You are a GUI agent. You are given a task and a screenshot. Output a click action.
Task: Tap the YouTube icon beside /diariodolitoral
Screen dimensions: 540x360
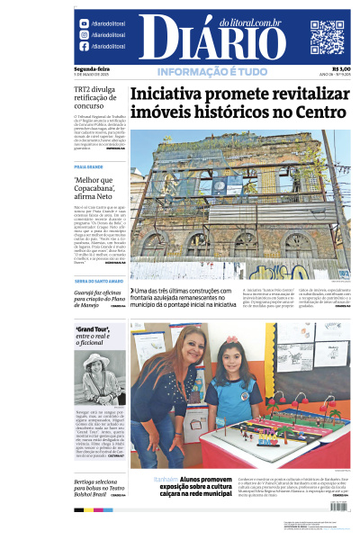[85, 23]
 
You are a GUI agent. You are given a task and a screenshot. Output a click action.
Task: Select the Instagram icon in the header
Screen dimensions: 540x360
[85, 35]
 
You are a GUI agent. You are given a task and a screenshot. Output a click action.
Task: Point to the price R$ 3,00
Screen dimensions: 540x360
[341, 68]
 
